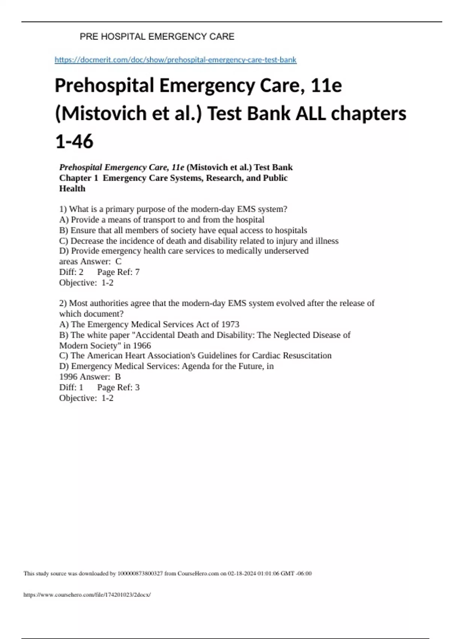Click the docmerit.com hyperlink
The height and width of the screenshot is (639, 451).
pos(176,60)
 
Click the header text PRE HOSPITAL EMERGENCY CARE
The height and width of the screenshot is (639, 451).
pos(157,36)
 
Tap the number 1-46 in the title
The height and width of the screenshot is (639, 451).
pos(74,142)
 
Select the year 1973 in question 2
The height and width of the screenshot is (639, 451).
pos(230,324)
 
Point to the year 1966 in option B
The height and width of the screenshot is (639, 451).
pos(142,345)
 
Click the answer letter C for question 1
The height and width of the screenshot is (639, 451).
pos(118,262)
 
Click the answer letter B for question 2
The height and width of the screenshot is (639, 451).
pos(118,377)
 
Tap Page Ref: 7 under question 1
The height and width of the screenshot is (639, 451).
pos(118,272)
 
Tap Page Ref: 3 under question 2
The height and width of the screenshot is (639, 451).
pos(118,388)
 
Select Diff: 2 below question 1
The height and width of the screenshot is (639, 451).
pos(71,272)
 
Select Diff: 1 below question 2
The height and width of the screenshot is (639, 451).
pos(71,388)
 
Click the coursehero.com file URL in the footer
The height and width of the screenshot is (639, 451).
pos(87,595)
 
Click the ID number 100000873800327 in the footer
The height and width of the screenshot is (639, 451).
pos(140,574)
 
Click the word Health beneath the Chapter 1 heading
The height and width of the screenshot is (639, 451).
pos(72,189)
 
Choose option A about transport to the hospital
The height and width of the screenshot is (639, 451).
pos(162,220)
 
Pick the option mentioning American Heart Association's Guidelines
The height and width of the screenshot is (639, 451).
pos(195,356)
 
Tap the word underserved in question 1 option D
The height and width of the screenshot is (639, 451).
pos(286,251)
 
